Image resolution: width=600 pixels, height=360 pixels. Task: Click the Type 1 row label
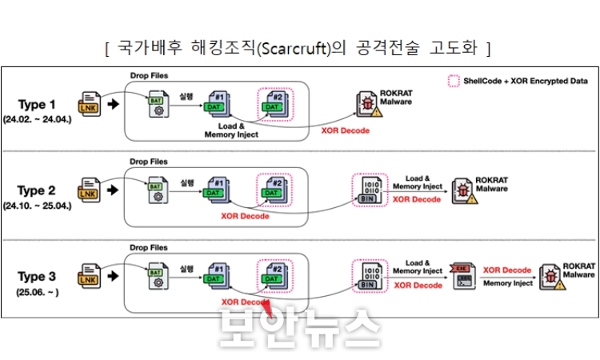pyautogui.click(x=38, y=104)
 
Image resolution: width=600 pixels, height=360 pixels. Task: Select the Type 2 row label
pyautogui.click(x=38, y=190)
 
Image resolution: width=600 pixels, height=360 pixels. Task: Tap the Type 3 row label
pyautogui.click(x=38, y=277)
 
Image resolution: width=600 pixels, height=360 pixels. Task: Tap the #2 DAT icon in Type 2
pyautogui.click(x=273, y=190)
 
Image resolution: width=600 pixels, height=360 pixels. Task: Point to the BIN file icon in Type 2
pyautogui.click(x=367, y=190)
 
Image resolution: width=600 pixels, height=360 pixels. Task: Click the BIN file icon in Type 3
pyautogui.click(x=367, y=277)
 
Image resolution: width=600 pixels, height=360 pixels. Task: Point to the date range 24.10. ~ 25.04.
pyautogui.click(x=38, y=205)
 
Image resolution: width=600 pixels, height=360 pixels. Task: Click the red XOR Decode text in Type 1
pyautogui.click(x=345, y=130)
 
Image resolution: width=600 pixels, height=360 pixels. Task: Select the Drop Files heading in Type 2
pyautogui.click(x=150, y=161)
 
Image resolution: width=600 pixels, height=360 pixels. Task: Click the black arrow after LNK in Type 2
pyautogui.click(x=114, y=190)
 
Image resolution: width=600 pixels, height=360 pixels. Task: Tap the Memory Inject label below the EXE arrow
pyautogui.click(x=507, y=283)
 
